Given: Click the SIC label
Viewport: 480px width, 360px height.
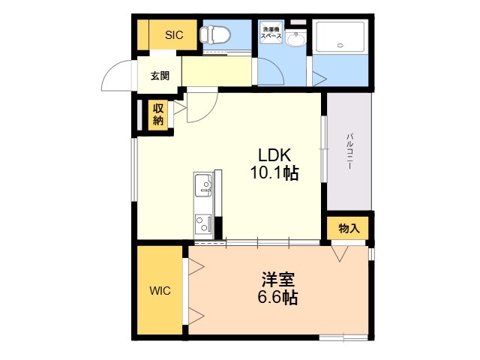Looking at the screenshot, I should [174, 34].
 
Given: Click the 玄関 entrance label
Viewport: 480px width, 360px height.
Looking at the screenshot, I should [160, 75].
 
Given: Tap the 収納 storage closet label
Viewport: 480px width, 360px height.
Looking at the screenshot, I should [158, 115].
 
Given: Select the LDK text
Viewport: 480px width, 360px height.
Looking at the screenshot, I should [274, 155].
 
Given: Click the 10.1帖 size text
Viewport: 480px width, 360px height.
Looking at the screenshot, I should [274, 174].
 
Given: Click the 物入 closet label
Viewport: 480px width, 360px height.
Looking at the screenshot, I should [349, 228].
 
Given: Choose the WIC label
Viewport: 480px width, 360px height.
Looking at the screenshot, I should [160, 291].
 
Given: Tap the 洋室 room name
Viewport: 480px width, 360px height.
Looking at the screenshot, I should [277, 280].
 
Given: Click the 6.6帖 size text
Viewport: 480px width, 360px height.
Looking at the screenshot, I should [277, 298].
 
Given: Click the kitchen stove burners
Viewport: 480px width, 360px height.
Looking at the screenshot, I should [203, 223].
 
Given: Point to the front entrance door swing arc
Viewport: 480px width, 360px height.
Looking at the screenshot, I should [119, 75].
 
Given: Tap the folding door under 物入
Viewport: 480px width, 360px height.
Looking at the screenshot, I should [339, 253].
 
